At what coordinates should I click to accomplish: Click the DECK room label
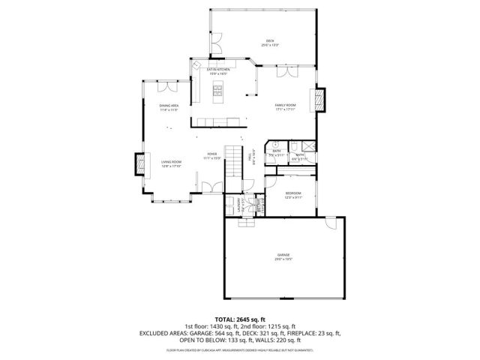(x=270, y=42)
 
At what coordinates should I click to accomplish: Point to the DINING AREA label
(x=169, y=107)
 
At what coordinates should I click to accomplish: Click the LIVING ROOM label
(x=171, y=163)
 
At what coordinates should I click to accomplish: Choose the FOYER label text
(x=213, y=156)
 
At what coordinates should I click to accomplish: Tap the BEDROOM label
(x=293, y=196)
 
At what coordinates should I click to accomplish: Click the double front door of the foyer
(x=213, y=188)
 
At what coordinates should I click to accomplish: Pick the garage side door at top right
(x=331, y=223)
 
